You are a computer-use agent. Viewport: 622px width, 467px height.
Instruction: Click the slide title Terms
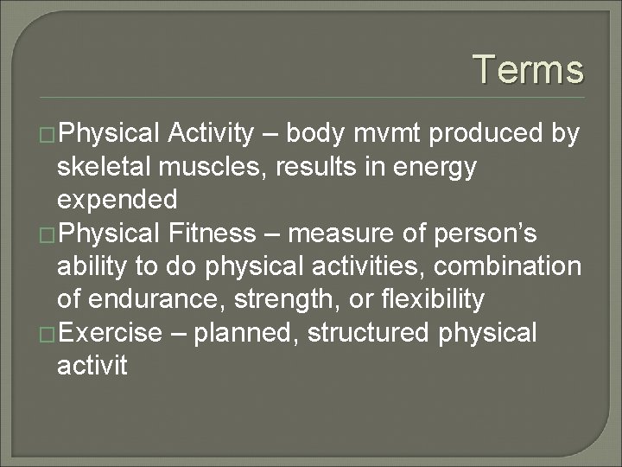coord(528,70)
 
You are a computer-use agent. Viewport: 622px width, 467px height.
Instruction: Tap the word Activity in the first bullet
coord(212,134)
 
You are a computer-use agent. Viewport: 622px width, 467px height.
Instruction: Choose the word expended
coord(117,201)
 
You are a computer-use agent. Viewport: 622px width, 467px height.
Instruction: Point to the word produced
coord(490,134)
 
